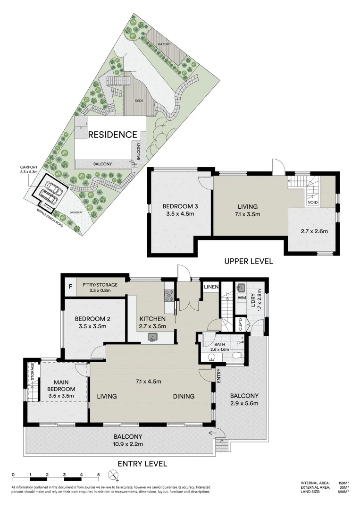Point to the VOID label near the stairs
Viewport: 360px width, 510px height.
312,203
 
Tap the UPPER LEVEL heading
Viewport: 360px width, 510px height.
248,261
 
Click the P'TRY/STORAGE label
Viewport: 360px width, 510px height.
100,288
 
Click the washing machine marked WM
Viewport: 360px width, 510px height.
242,298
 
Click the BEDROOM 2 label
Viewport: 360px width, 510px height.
92,322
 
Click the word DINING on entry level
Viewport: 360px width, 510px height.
184,397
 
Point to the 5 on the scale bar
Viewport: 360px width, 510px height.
98,475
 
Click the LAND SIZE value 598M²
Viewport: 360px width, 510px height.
343,492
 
